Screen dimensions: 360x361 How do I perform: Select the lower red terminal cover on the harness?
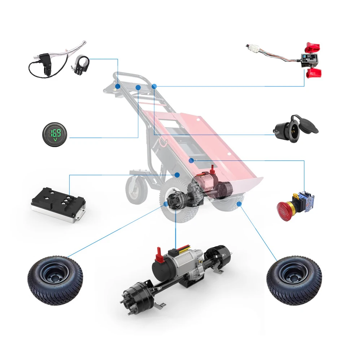[313, 73]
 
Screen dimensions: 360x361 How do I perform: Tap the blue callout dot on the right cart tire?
[239, 204]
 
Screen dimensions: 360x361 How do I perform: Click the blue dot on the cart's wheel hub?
[166, 204]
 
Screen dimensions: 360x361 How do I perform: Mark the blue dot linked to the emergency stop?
[192, 160]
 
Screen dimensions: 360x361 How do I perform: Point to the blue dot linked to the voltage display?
[138, 87]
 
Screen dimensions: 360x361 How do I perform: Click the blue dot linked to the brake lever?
[118, 86]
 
